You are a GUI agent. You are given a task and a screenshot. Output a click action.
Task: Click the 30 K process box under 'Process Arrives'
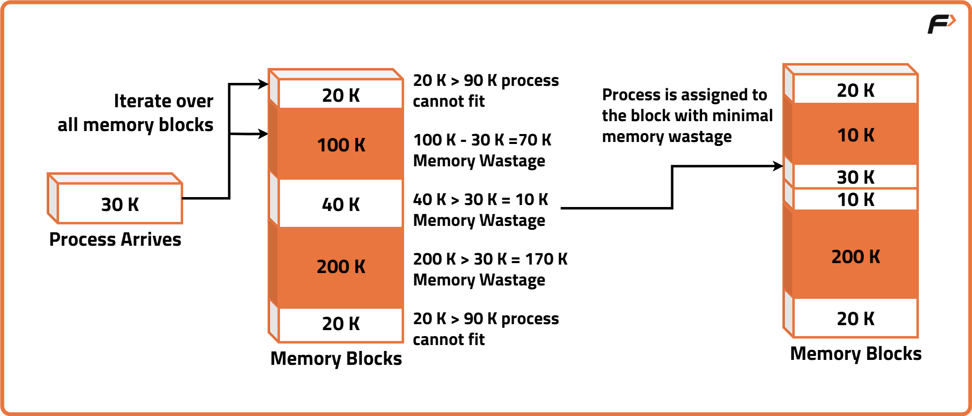120,204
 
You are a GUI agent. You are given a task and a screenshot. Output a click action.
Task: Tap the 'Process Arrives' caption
115,240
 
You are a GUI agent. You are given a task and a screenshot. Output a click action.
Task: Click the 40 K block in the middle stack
341,204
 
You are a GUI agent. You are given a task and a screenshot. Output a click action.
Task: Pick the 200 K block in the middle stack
341,267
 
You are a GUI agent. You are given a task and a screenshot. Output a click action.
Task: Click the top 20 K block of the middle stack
341,95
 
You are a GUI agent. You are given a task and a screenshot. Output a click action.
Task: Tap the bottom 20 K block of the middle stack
341,324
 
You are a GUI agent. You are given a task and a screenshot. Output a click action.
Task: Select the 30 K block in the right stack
855,177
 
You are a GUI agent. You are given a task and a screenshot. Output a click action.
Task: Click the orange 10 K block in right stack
855,135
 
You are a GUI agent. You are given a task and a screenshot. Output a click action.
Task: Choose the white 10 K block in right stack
855,200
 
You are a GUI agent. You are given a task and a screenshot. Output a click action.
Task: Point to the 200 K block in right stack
855,256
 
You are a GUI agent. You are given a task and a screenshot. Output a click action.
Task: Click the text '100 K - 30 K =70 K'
482,140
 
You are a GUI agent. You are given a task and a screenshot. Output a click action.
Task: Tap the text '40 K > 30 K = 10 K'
481,200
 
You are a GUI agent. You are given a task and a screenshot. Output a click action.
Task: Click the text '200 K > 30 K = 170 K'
490,259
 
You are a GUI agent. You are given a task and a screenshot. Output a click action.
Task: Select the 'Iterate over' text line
163,101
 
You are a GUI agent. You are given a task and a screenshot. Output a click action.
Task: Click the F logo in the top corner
940,24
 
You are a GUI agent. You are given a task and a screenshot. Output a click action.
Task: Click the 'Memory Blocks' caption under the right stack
855,353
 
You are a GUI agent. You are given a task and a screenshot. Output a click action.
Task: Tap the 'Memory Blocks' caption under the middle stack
336,358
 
